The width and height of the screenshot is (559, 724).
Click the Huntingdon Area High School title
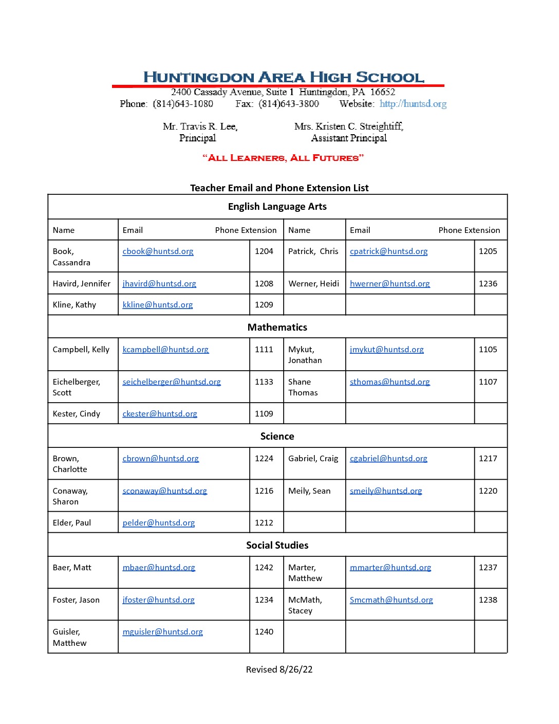coord(284,77)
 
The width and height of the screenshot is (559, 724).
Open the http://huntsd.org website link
coord(413,104)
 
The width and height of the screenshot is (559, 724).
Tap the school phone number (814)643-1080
coord(183,104)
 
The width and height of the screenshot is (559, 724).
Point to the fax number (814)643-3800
coord(289,104)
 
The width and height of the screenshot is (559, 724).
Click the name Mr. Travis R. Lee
coord(200,126)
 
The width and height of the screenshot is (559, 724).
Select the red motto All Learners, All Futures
coord(283,158)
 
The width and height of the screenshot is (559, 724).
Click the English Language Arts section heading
coord(277,207)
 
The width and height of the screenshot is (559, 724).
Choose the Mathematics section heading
coord(277,328)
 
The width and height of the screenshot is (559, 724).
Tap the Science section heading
coord(277,437)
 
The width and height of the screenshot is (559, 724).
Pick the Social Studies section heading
coord(277,546)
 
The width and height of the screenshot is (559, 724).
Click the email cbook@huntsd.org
coord(158,251)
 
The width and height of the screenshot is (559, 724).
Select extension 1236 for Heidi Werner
coord(488,284)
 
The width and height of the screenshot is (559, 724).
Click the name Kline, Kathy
coord(74,305)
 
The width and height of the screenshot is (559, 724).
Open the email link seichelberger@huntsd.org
coord(172,382)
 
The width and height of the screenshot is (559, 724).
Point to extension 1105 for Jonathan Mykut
coord(488,350)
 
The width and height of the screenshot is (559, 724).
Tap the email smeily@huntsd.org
coord(386,491)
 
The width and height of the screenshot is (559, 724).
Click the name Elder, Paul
coord(72,523)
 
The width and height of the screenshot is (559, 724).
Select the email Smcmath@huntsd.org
coord(391,600)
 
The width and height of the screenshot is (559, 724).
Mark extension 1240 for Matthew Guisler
coord(264,632)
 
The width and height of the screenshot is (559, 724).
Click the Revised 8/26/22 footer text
coord(279,669)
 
